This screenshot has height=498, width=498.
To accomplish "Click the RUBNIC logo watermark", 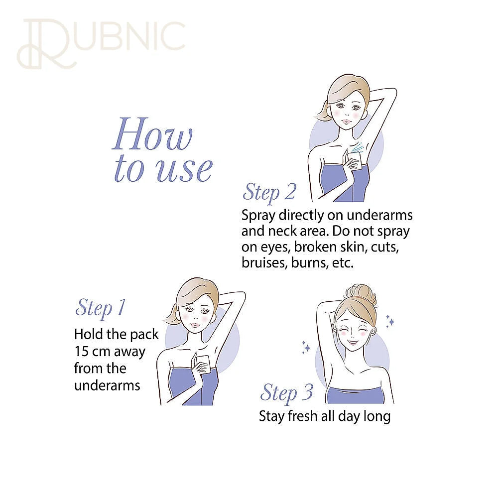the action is tap(101, 43).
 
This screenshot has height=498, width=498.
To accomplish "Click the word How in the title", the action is tap(153, 134).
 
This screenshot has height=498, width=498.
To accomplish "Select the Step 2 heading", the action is tap(269, 193).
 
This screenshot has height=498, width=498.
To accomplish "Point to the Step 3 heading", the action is tap(286, 393).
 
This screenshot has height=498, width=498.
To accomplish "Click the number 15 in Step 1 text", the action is tap(81, 351).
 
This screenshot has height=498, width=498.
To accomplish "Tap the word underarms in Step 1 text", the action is tap(107, 385).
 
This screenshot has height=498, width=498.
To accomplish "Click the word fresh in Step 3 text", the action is tap(302, 416).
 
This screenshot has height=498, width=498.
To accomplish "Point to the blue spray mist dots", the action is tap(357, 147).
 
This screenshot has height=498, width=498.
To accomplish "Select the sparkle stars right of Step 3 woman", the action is tap(390, 321).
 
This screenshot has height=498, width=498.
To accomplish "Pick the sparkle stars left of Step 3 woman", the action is tap(306, 347).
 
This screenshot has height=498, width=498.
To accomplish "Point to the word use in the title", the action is tap(184, 170).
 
